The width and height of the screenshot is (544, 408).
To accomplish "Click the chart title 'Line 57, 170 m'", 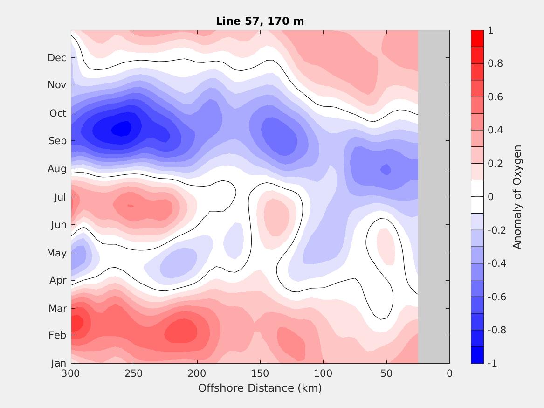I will (x=260, y=21).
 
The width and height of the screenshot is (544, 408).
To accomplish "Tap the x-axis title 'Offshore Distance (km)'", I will (x=260, y=388).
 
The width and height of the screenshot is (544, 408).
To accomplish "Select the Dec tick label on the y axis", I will (x=57, y=58).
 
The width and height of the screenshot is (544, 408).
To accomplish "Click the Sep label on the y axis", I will (x=57, y=141).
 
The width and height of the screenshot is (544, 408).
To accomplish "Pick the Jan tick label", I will (x=58, y=364).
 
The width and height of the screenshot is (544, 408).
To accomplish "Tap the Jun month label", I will (x=58, y=225).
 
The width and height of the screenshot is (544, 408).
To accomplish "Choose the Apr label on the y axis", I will (x=58, y=281).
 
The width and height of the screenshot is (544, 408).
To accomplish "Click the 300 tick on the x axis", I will (x=71, y=373).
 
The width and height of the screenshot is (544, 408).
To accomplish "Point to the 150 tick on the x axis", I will (x=260, y=373).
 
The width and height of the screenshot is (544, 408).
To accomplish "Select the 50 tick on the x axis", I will (x=386, y=373).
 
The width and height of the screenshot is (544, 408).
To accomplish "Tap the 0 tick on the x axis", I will (x=449, y=373).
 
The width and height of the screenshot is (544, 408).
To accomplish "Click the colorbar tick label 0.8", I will (x=495, y=63).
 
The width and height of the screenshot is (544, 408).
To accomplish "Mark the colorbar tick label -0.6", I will (x=496, y=297).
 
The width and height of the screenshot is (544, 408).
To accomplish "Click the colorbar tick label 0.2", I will (x=495, y=164).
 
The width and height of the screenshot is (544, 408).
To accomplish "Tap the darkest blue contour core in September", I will (x=122, y=128).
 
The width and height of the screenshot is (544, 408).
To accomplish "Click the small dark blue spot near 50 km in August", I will (x=386, y=169).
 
